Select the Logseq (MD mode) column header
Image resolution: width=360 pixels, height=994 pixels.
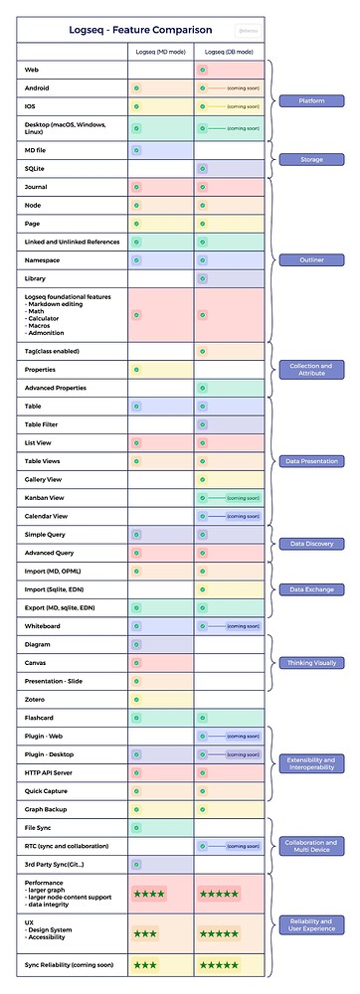point(160,51)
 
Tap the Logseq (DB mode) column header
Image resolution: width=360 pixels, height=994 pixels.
point(228,51)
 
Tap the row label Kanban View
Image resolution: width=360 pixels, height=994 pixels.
point(46,498)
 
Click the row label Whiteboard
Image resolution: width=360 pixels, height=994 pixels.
point(44,625)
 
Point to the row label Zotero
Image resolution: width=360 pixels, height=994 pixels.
point(36,699)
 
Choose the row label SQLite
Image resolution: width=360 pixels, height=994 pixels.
point(37,168)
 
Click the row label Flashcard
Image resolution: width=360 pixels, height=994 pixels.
point(42,718)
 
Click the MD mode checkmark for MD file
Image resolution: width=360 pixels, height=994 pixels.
point(135,150)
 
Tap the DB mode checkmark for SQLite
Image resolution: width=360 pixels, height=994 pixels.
point(202,168)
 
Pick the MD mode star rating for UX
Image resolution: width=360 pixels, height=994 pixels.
point(145,933)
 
